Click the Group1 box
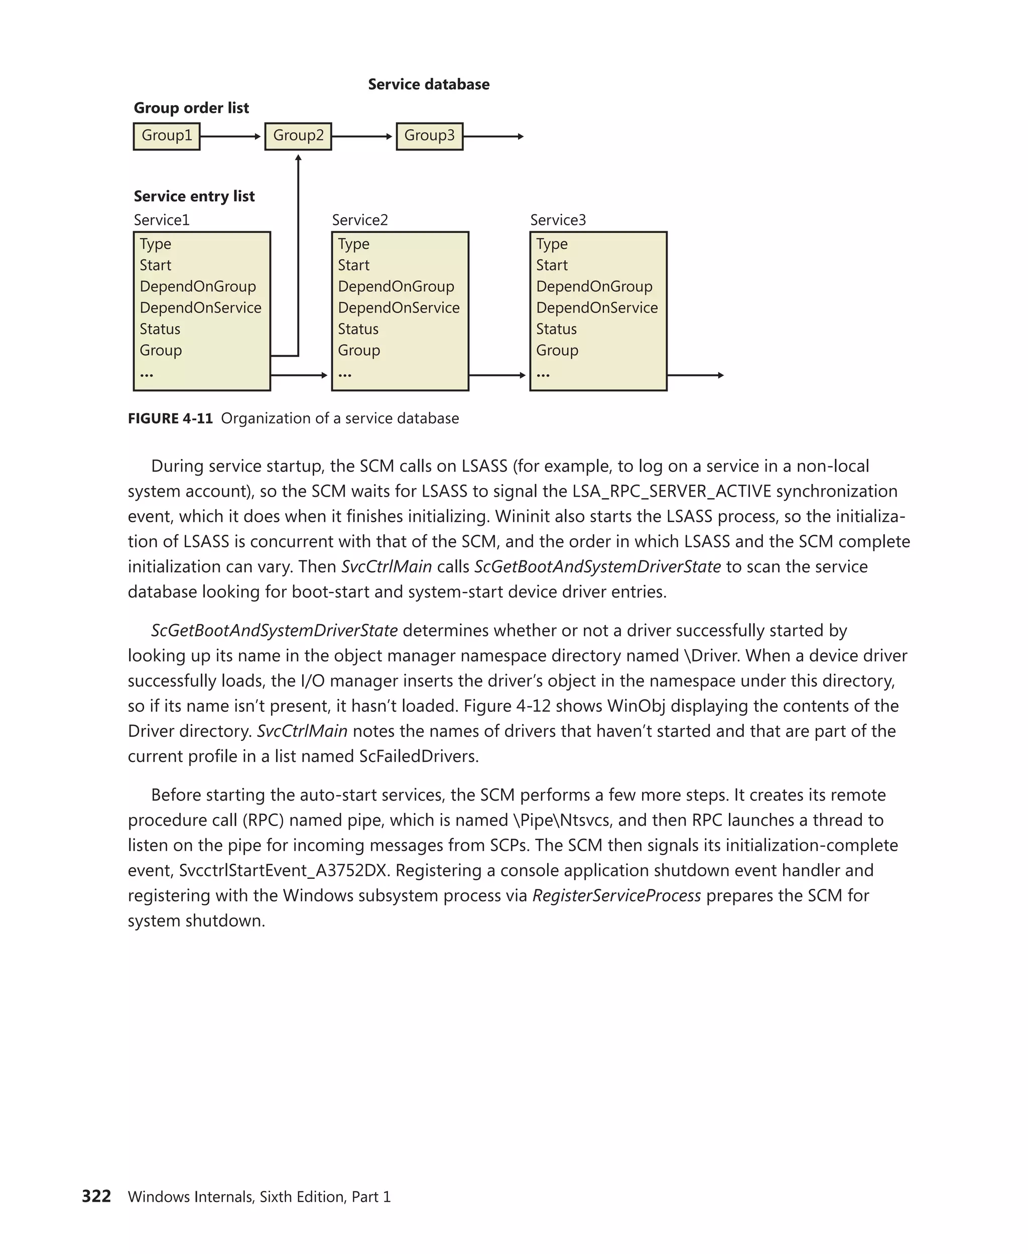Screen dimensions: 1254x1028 167,136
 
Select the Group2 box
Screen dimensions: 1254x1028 298,136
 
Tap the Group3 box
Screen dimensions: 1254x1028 429,136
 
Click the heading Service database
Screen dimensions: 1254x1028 429,85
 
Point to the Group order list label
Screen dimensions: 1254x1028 191,108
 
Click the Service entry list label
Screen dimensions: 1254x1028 194,196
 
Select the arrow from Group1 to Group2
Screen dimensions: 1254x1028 231,137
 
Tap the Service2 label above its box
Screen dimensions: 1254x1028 360,220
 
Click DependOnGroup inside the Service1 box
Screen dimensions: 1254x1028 198,286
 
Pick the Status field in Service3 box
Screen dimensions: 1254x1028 556,329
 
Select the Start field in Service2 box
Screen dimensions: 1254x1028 353,265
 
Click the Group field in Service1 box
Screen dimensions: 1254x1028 161,350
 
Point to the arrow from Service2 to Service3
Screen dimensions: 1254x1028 497,375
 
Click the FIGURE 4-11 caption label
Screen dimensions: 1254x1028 171,418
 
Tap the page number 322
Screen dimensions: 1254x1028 96,1196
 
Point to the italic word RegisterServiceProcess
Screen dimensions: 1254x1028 616,895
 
